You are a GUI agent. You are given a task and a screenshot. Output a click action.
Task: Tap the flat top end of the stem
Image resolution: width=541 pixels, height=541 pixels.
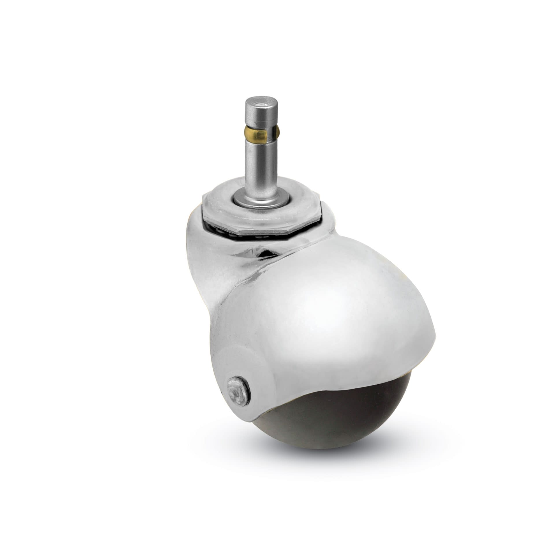258,101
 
